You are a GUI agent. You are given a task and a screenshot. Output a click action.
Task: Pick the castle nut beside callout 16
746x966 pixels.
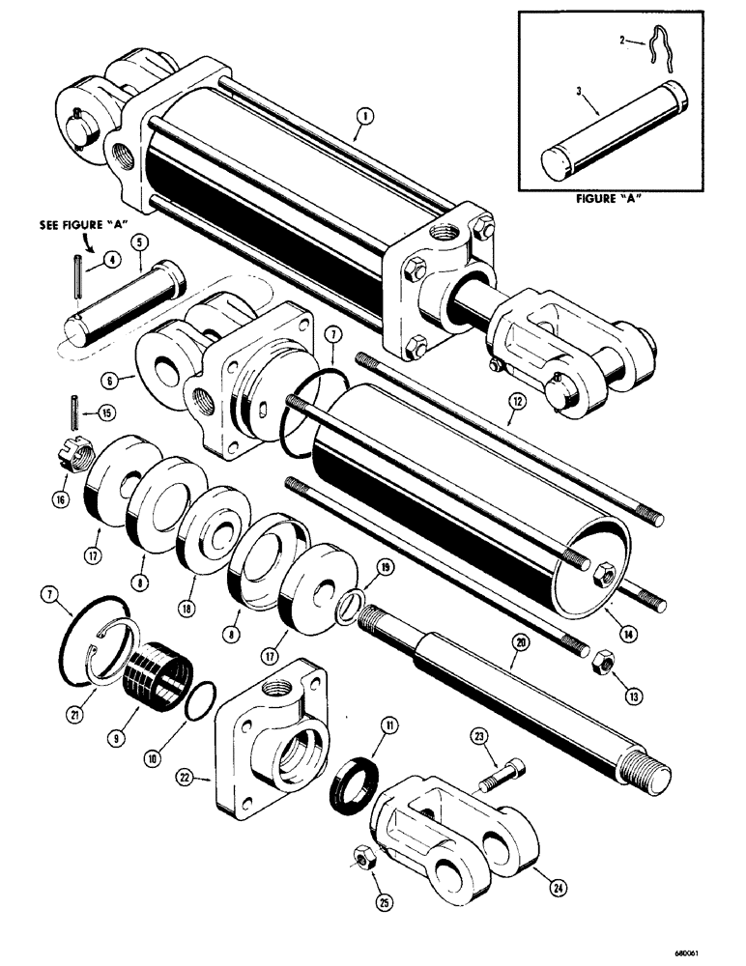tap(64, 451)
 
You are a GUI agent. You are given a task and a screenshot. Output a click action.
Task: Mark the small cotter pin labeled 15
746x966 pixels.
tap(73, 405)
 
